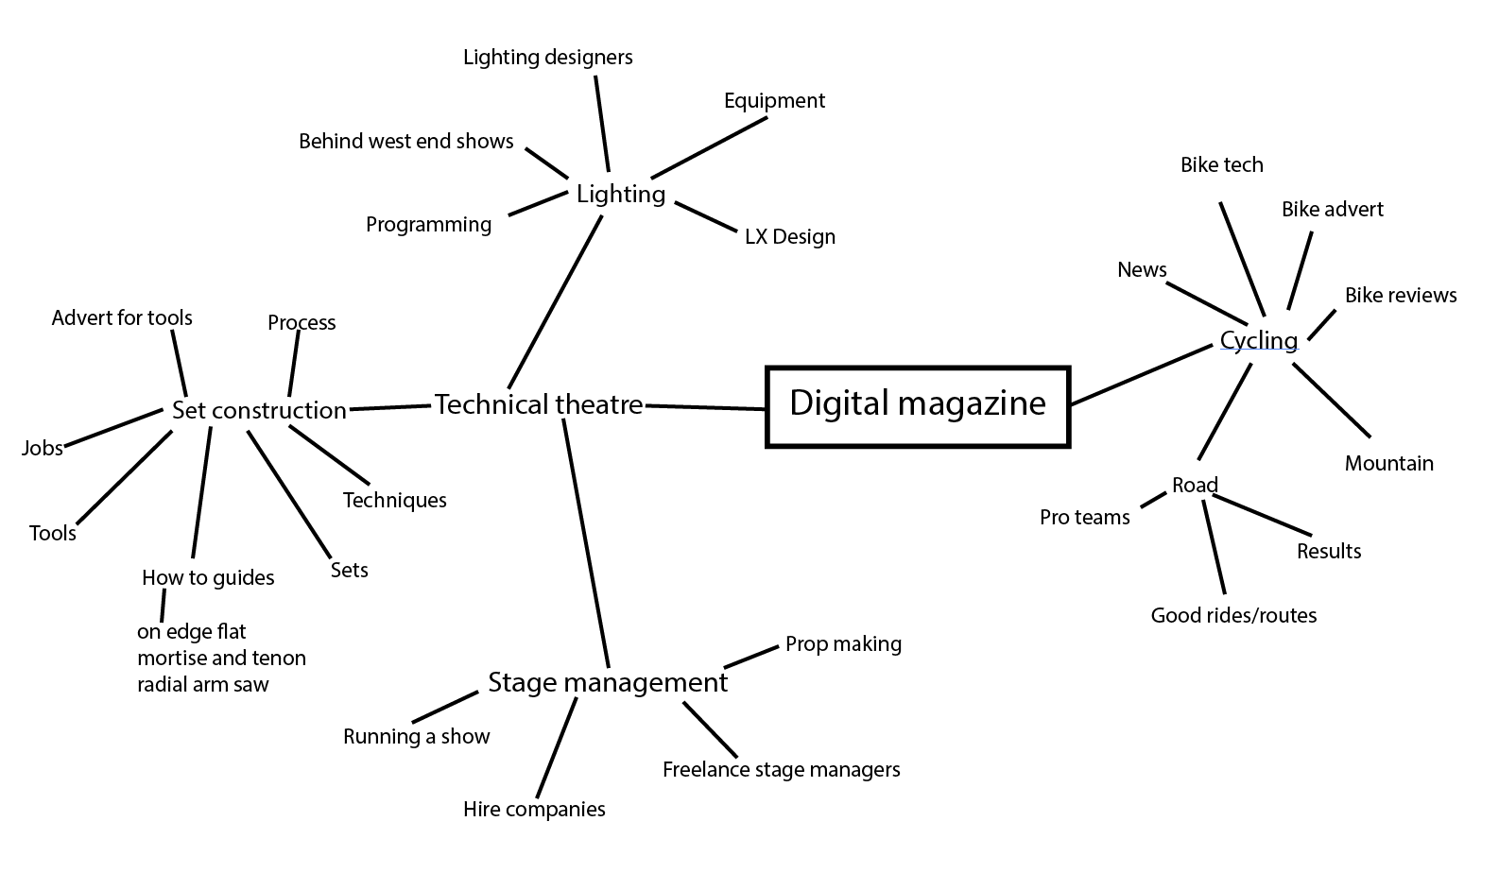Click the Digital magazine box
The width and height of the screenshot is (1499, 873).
(x=917, y=405)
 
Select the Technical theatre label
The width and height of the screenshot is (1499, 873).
(x=538, y=405)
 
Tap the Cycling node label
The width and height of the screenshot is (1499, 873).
(x=1258, y=340)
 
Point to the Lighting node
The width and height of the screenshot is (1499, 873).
(x=621, y=195)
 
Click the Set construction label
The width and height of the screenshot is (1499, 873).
(x=259, y=410)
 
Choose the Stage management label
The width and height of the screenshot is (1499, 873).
(x=608, y=682)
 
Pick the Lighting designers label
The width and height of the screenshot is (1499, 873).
(x=547, y=58)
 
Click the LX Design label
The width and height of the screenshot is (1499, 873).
(x=789, y=237)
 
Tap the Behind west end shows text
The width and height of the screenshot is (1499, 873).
(x=405, y=142)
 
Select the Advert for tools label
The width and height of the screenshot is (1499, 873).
(x=122, y=318)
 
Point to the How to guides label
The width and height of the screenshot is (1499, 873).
(x=208, y=578)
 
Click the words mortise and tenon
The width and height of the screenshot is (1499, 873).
(x=221, y=658)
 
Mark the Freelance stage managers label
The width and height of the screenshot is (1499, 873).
(x=781, y=770)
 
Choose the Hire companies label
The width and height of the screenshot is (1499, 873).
(x=534, y=810)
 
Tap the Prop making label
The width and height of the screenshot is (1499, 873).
(x=843, y=644)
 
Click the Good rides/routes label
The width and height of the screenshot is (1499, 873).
(x=1233, y=616)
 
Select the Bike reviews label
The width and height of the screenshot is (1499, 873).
(x=1401, y=296)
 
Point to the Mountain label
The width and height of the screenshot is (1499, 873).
(x=1388, y=464)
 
